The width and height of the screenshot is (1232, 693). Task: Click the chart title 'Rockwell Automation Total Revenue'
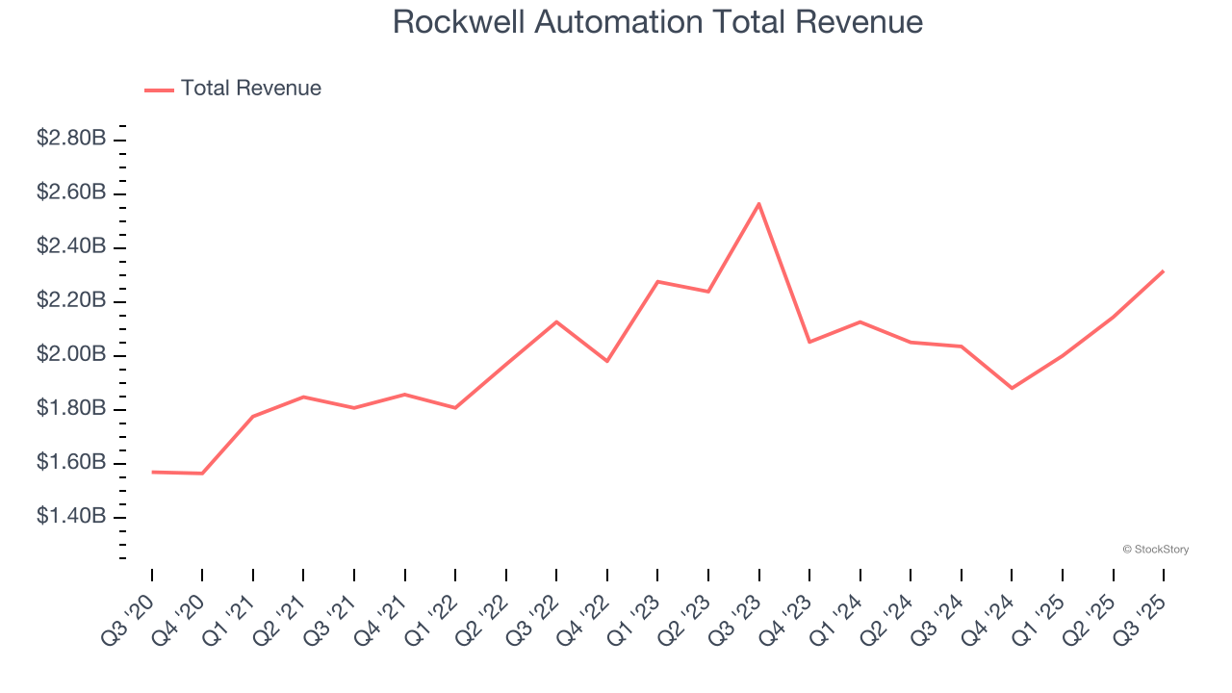tap(657, 22)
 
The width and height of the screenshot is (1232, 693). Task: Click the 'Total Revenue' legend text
tap(250, 89)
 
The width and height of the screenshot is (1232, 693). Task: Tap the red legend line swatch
tap(159, 90)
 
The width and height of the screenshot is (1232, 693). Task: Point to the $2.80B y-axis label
tap(71, 139)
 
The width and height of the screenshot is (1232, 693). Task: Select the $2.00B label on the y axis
tap(71, 354)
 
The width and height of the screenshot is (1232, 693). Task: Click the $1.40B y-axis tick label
tap(71, 517)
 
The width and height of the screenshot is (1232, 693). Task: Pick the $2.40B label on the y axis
tap(71, 246)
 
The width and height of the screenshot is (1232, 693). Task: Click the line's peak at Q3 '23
tap(758, 204)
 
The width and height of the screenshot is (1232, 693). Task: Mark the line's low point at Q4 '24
tap(1012, 388)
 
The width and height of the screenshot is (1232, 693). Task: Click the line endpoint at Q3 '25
tap(1163, 271)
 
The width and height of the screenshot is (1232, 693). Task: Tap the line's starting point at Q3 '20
tap(152, 472)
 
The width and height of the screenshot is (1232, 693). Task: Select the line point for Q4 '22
tap(607, 361)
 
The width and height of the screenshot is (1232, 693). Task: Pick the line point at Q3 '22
tap(556, 321)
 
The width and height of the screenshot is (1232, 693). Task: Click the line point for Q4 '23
tap(809, 342)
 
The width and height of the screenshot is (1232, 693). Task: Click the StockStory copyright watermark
tap(1155, 550)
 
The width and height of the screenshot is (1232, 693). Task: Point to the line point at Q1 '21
tap(253, 416)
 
